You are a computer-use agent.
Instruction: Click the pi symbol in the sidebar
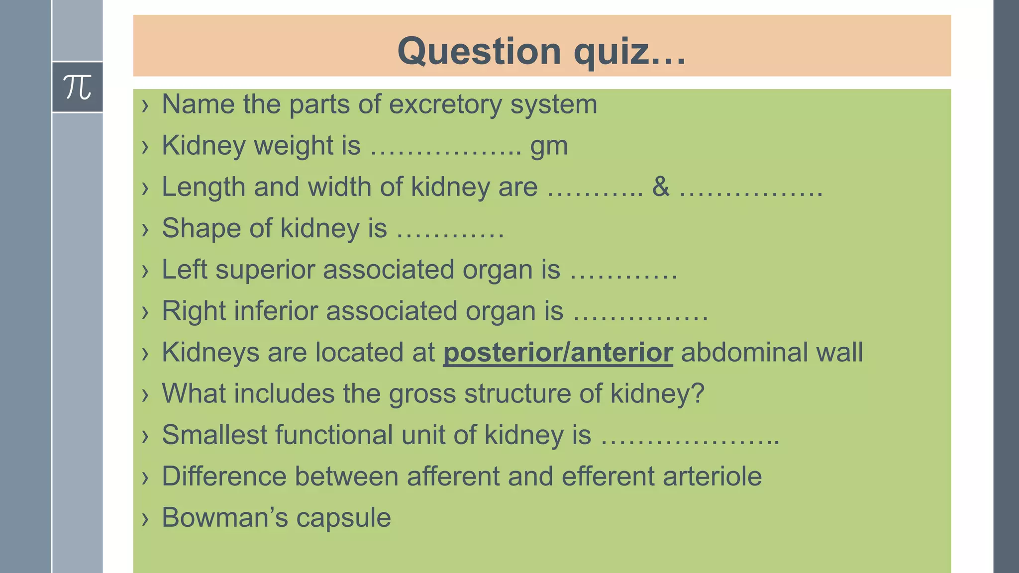78,88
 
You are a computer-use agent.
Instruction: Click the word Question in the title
479,51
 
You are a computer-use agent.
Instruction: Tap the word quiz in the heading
611,51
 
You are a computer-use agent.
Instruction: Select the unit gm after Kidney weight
549,146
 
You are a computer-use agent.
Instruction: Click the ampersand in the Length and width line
661,187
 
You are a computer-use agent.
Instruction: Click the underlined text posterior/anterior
558,352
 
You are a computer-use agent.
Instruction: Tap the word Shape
201,228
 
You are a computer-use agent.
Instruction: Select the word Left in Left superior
184,270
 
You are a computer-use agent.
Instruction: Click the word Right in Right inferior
194,311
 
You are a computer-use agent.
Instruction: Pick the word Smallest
214,435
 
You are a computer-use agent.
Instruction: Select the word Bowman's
224,517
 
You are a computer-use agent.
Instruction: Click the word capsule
343,517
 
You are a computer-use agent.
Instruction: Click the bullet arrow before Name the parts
145,105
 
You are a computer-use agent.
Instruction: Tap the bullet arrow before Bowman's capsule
145,519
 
